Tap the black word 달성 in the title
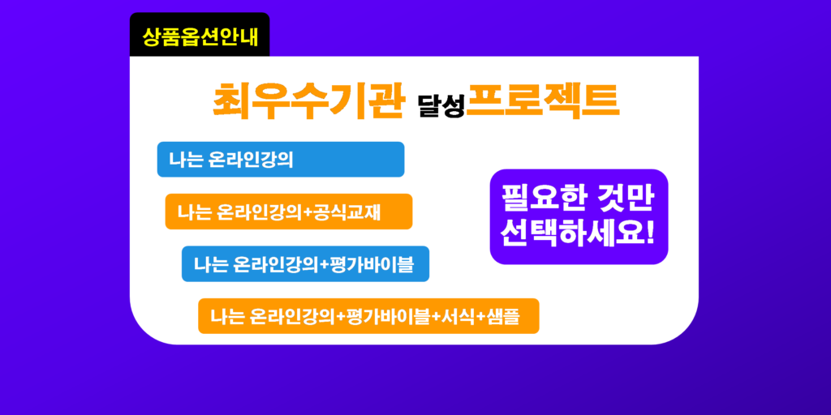click(x=441, y=105)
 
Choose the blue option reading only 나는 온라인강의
click(x=281, y=160)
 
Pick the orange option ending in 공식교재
click(x=289, y=212)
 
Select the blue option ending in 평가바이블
click(x=305, y=263)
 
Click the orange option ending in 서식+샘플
click(x=368, y=316)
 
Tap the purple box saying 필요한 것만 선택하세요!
click(x=579, y=216)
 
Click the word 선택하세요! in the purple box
click(x=578, y=233)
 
